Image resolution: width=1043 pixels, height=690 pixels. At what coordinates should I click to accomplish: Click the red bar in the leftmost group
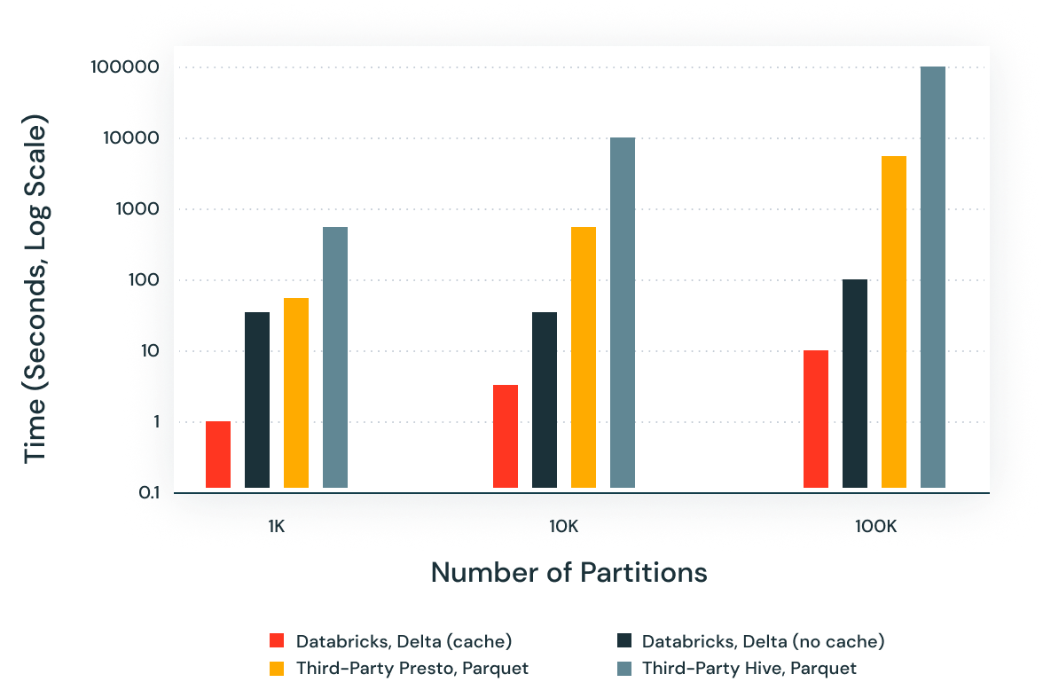(218, 454)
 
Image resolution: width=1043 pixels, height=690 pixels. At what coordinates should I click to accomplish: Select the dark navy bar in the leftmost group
(257, 400)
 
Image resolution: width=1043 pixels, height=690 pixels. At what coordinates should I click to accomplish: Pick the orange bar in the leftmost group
(296, 393)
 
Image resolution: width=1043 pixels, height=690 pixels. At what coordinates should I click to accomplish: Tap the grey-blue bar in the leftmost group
(335, 357)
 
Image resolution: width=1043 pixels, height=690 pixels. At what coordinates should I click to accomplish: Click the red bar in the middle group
(506, 436)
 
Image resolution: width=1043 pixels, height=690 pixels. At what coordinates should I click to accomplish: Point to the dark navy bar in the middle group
(545, 400)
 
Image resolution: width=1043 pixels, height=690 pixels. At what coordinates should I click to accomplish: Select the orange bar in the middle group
(584, 357)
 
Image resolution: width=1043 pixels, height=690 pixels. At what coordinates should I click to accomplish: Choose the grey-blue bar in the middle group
(623, 312)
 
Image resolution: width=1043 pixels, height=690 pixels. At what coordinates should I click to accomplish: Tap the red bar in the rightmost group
(816, 419)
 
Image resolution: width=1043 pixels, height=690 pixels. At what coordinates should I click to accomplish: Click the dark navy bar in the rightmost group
(855, 383)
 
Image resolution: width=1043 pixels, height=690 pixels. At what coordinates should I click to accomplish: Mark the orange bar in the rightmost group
(894, 322)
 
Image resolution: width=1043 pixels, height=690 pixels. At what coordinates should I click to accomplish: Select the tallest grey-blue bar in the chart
(933, 277)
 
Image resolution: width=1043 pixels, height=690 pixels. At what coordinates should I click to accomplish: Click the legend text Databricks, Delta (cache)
(404, 641)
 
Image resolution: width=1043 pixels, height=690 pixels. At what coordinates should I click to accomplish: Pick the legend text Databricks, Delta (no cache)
(764, 641)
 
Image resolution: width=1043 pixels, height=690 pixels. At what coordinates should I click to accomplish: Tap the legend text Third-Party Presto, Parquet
(412, 668)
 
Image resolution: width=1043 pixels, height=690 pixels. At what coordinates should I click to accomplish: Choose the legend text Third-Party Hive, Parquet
(749, 668)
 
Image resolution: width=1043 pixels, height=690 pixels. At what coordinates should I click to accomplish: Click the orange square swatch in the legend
(277, 668)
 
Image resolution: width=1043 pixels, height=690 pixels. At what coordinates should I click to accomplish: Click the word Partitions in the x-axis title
(644, 573)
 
